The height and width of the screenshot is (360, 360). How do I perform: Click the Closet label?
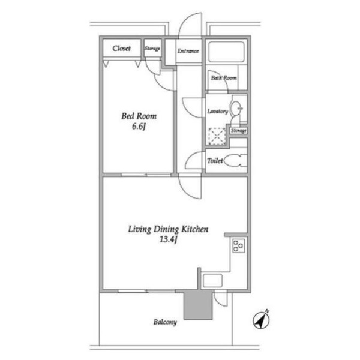[x=121, y=48]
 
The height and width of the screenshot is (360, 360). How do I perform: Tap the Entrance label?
[x=188, y=51]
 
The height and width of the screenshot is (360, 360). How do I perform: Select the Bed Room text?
[x=139, y=116]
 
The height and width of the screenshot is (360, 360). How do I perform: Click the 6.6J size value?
[x=139, y=126]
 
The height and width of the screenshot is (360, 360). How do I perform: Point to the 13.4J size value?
[x=169, y=239]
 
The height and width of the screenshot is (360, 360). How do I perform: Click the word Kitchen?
[x=195, y=229]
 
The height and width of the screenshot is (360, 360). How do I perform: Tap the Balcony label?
[x=165, y=322]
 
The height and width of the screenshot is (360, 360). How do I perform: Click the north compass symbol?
[x=261, y=320]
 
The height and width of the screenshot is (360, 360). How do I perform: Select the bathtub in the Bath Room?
[x=226, y=52]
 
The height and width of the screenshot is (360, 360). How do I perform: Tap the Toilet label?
[x=215, y=161]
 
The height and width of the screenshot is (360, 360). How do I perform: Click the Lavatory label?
[x=218, y=112]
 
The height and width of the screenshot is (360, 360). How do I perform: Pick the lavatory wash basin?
[x=236, y=108]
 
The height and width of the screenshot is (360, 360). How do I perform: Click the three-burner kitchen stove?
[x=239, y=246]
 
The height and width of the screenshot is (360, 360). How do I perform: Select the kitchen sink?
[x=213, y=281]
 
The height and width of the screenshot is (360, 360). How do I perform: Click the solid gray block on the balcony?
[x=198, y=304]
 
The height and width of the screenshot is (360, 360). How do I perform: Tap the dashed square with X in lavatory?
[x=217, y=136]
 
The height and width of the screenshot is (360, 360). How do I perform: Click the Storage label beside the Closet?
[x=152, y=49]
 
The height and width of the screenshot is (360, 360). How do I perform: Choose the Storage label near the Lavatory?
[x=239, y=131]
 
